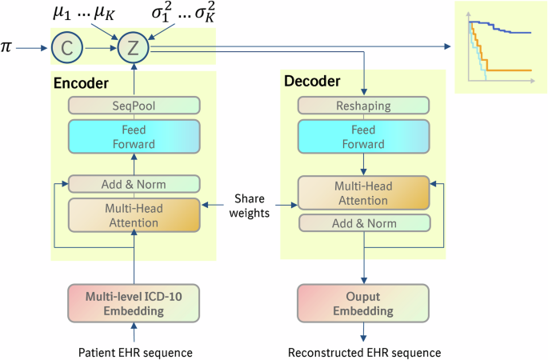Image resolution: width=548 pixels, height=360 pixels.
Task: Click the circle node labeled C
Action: [67, 50]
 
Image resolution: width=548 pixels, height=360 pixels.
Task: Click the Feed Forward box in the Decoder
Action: [364, 138]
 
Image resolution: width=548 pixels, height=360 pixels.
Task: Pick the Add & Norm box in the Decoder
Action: [364, 222]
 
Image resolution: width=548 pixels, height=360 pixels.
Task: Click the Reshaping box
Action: [364, 105]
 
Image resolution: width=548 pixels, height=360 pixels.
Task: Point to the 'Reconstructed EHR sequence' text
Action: [364, 351]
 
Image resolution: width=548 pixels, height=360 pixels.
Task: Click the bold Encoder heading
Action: [81, 82]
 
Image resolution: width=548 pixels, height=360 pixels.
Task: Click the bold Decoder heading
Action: [312, 81]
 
